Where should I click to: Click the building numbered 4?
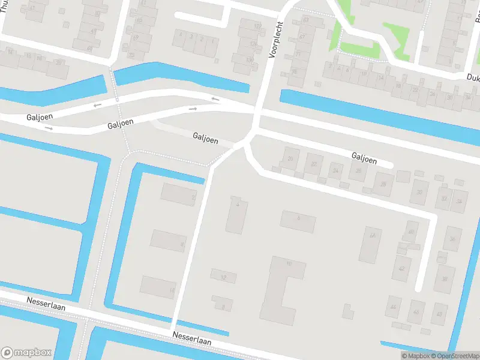click(237, 214)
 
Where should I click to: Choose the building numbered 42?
click(401, 268)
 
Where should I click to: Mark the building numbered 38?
click(445, 279)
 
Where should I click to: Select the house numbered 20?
click(291, 159)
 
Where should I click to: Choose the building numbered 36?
click(452, 239)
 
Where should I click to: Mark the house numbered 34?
click(460, 200)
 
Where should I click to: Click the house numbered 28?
click(383, 184)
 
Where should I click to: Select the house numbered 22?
click(314, 164)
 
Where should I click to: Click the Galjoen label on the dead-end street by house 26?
click(364, 159)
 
